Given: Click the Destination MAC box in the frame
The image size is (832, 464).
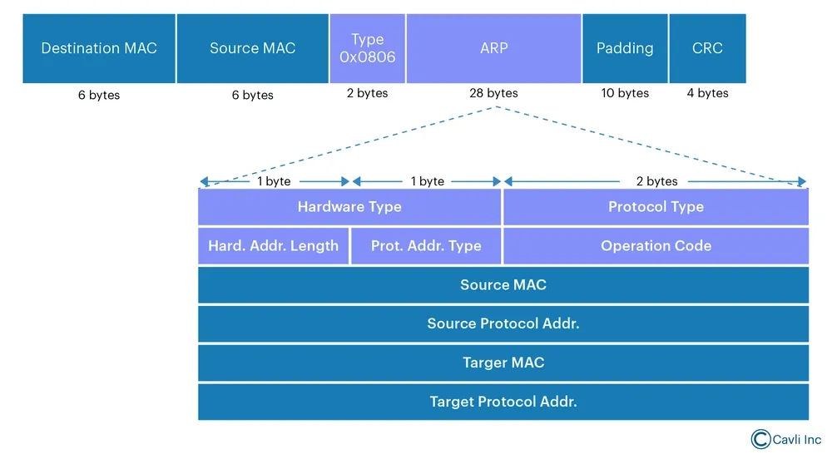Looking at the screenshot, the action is click(99, 48).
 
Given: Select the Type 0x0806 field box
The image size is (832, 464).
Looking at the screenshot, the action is click(367, 48).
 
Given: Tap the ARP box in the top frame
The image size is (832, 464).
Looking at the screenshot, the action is click(493, 48).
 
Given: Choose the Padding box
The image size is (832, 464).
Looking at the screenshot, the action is click(625, 48).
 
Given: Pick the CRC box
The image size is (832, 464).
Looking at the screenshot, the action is click(707, 48).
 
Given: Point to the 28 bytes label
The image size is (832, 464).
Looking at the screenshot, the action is click(493, 93).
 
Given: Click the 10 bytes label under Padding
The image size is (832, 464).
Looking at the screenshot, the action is click(625, 93).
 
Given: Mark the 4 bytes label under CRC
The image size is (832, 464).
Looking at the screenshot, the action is click(707, 93).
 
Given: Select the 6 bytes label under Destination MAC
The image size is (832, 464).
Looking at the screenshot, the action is click(99, 96).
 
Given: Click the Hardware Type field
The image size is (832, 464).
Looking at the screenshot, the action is click(349, 207).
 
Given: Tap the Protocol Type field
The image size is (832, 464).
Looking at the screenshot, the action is click(656, 207).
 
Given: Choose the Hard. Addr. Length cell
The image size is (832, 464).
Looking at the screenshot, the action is click(273, 245).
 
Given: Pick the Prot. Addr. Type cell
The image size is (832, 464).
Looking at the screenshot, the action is click(425, 245).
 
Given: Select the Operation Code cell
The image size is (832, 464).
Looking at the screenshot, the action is click(656, 245).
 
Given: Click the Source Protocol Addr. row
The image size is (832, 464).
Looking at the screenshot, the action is click(503, 323).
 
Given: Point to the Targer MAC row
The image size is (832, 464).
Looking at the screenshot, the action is click(503, 363).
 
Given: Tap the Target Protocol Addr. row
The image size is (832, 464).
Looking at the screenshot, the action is click(503, 402).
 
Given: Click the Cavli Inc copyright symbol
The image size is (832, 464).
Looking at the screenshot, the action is click(760, 439).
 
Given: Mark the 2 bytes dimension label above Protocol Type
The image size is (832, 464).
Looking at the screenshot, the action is click(657, 181).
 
